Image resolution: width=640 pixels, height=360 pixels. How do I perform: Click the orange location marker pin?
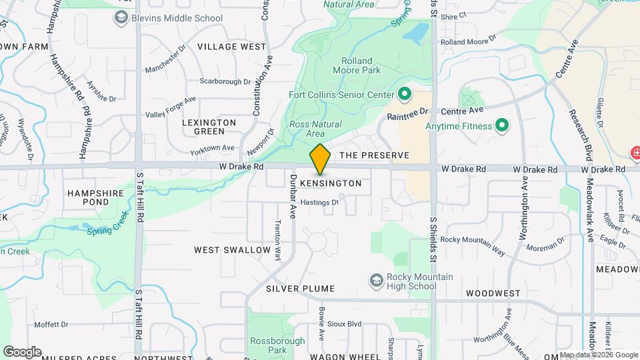click(321, 159)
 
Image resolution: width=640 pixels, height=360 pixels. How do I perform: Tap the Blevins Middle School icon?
click(121, 18)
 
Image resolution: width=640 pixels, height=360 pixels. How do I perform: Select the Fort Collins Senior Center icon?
click(403, 94)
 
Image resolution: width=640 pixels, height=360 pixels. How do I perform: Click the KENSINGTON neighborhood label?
click(331, 183)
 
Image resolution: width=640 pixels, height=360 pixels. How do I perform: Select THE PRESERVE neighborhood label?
click(374, 155)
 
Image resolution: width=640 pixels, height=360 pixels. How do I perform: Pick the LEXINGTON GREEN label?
click(210, 127)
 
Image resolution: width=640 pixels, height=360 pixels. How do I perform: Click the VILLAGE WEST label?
click(232, 47)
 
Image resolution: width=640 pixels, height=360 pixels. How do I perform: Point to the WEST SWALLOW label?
click(233, 250)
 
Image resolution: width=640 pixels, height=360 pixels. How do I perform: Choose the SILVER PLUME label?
click(300, 289)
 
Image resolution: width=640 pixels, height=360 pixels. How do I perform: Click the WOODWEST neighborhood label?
click(493, 293)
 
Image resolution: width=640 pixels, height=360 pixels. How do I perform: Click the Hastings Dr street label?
click(320, 202)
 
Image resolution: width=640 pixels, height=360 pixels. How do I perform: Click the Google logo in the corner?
click(22, 351)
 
